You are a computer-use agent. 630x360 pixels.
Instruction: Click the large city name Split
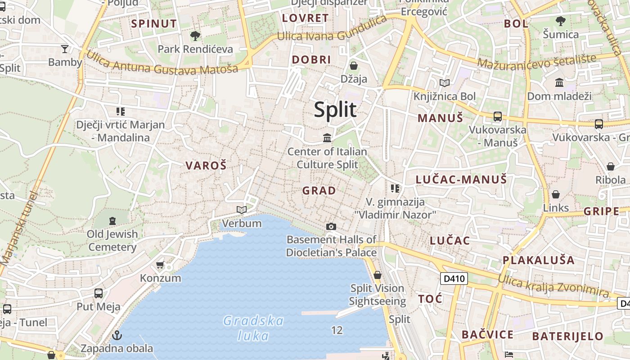(x=335, y=110)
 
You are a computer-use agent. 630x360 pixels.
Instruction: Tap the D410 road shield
(x=454, y=279)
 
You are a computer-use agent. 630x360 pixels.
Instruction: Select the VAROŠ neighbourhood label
(x=206, y=166)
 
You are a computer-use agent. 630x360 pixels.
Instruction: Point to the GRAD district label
(x=319, y=191)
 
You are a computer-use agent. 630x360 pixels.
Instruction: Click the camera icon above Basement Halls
(x=331, y=226)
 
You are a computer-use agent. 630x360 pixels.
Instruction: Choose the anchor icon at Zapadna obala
(x=117, y=335)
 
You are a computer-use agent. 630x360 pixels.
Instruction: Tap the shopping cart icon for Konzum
(x=160, y=265)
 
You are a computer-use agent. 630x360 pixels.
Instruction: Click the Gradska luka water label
(x=253, y=328)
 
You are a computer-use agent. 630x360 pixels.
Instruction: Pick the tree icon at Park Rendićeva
(x=195, y=36)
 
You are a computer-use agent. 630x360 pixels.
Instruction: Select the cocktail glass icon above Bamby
(x=65, y=49)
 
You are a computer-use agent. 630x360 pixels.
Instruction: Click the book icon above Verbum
(x=242, y=210)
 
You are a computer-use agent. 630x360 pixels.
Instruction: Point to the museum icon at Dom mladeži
(x=559, y=82)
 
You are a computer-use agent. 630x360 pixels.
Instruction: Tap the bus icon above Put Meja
(x=99, y=293)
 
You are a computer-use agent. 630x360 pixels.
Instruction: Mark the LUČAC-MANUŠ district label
(x=461, y=180)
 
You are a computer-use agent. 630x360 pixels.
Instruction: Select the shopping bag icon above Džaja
(x=354, y=66)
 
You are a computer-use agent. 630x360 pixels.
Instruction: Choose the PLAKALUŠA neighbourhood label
(x=538, y=260)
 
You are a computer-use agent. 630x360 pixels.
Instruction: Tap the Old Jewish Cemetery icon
(x=112, y=221)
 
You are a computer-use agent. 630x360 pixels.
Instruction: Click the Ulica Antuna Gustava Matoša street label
(x=162, y=63)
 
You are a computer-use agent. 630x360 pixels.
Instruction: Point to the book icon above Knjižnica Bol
(x=444, y=83)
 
